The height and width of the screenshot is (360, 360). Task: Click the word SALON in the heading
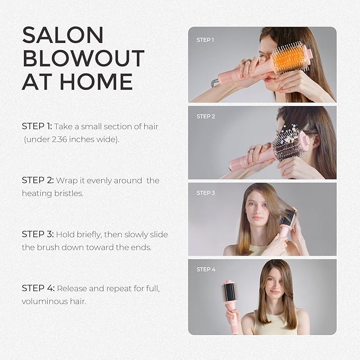pyautogui.click(x=63, y=35)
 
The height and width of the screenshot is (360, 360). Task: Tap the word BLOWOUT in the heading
pyautogui.click(x=83, y=58)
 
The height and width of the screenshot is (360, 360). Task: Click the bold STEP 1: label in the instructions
pyautogui.click(x=37, y=126)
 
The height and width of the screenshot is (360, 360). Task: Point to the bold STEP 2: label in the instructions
pyautogui.click(x=37, y=180)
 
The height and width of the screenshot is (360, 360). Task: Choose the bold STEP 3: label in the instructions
pyautogui.click(x=37, y=234)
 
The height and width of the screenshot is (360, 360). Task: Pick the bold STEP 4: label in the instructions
pyautogui.click(x=37, y=288)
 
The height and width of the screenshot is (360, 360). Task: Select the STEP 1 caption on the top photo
pyautogui.click(x=206, y=40)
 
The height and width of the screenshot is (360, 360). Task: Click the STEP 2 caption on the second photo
pyautogui.click(x=206, y=116)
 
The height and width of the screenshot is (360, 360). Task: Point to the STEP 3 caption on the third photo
pyautogui.click(x=206, y=193)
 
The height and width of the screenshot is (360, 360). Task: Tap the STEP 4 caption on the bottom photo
pyautogui.click(x=206, y=269)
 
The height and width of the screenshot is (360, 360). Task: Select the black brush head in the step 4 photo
pyautogui.click(x=231, y=294)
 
